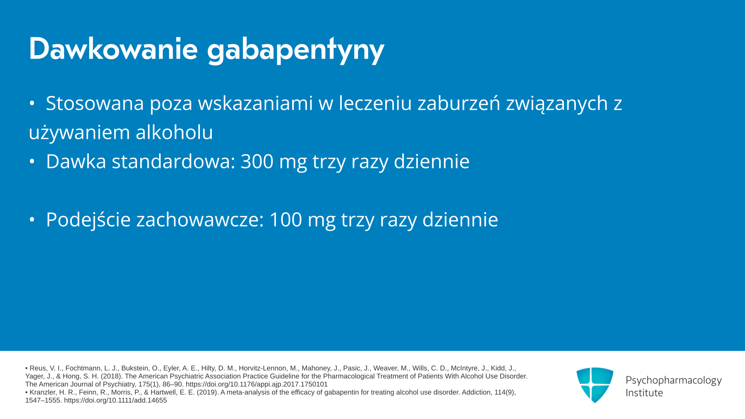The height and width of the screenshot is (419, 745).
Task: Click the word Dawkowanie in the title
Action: (113, 49)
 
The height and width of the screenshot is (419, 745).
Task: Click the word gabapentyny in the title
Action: (296, 51)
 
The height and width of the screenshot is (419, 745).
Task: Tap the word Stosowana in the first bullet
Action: (95, 103)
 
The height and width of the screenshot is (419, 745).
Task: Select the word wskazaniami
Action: (255, 103)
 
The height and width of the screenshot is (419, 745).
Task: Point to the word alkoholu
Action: (174, 132)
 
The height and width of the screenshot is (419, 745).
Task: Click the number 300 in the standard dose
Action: (257, 161)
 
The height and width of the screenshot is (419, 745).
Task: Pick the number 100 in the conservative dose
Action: (286, 220)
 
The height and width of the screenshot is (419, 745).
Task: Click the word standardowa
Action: (173, 161)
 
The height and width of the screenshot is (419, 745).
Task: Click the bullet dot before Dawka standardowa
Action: (32, 161)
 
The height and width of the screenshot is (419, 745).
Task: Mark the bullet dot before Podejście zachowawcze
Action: (32, 220)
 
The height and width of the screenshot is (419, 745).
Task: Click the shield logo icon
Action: (595, 385)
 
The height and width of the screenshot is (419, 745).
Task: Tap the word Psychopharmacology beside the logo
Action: (674, 381)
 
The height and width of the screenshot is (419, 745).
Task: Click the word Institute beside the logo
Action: (644, 393)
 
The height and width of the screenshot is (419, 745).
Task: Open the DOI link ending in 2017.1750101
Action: (256, 384)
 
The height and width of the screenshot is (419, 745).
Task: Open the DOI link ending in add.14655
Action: (115, 400)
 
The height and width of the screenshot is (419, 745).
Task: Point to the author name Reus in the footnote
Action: (38, 368)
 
